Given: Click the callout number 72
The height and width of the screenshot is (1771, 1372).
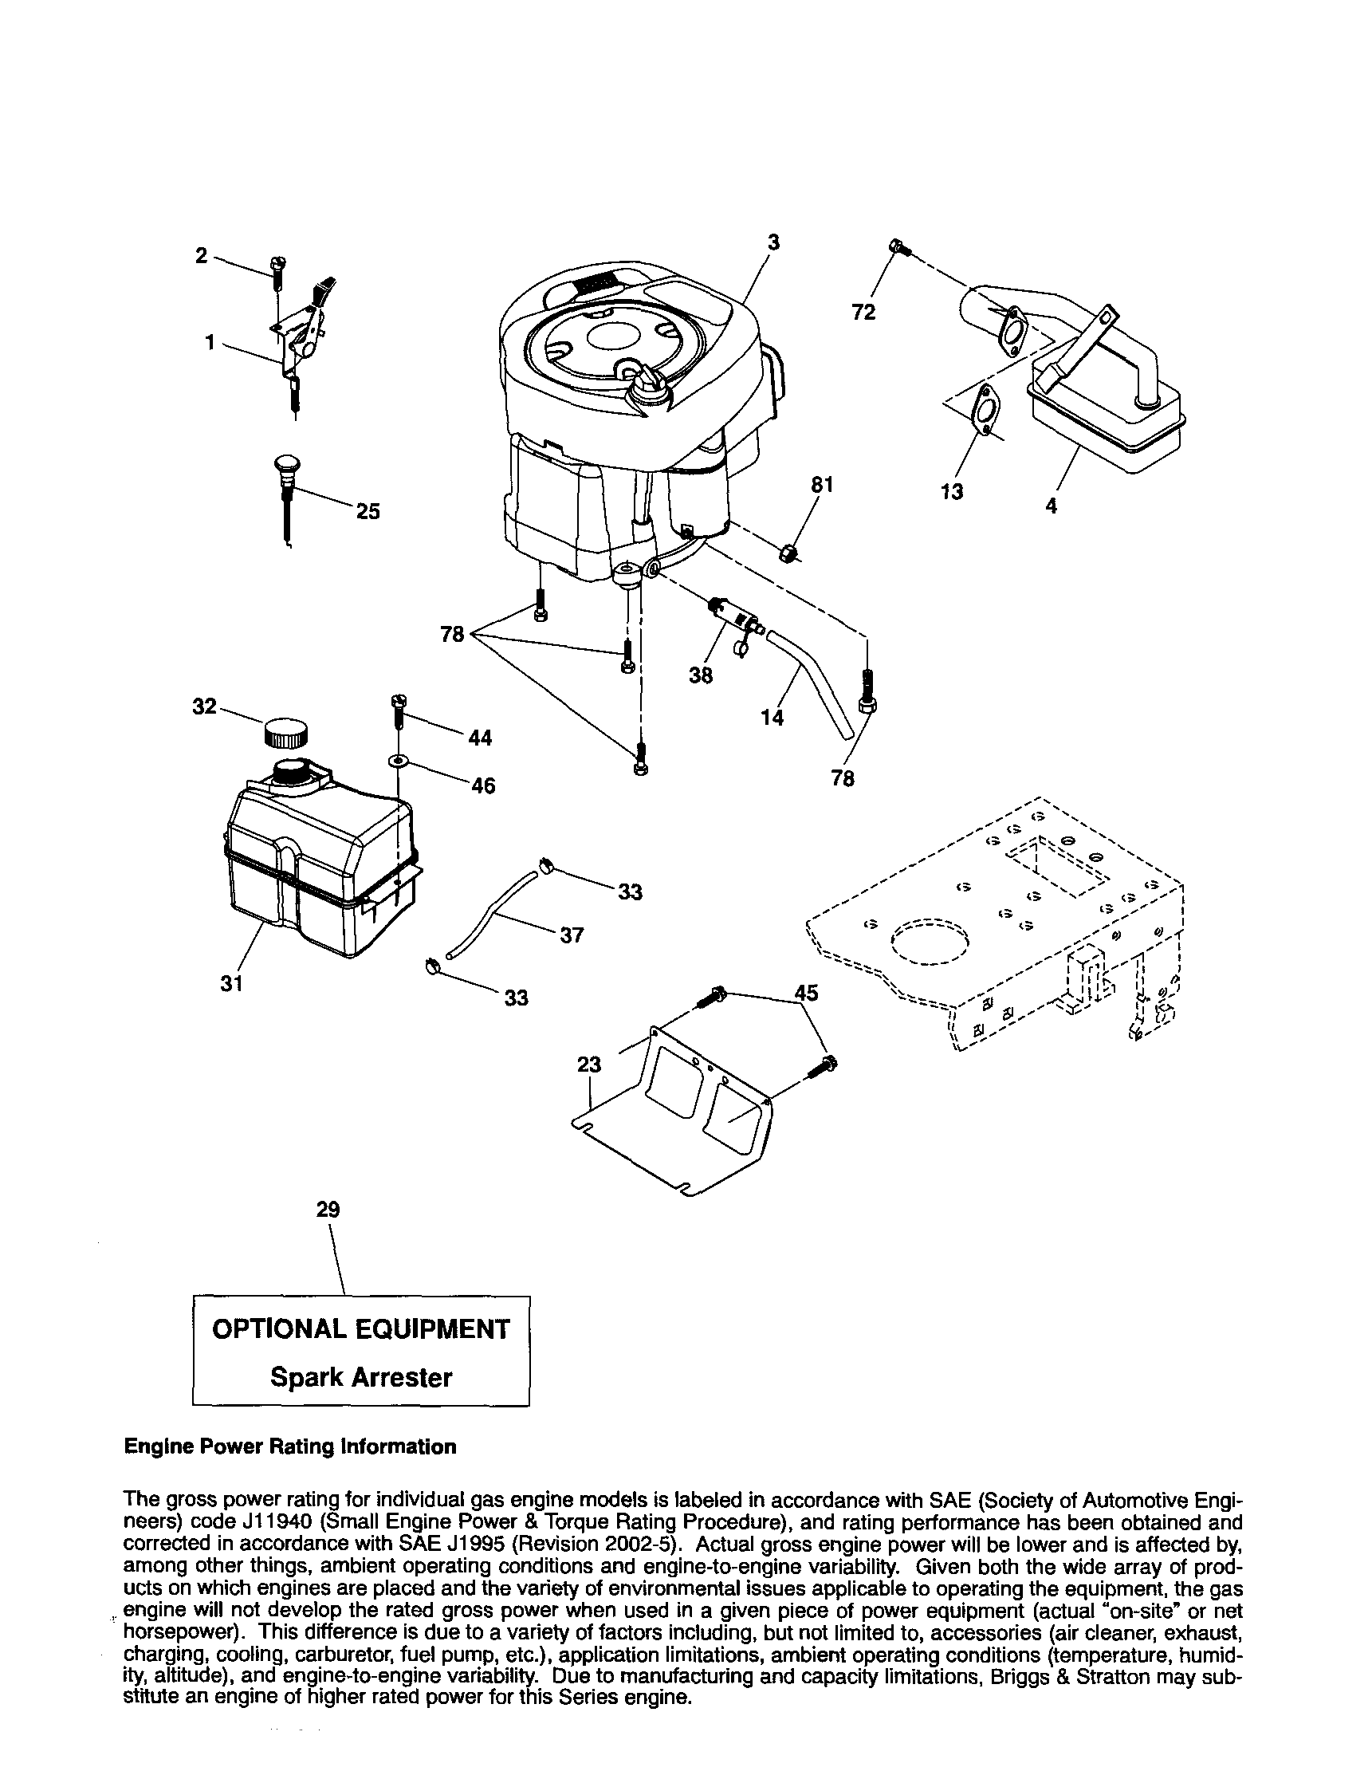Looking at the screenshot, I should (x=863, y=313).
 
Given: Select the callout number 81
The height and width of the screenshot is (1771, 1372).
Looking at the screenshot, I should (x=822, y=484).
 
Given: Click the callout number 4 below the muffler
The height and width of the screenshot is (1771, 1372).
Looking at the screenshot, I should (x=1051, y=506).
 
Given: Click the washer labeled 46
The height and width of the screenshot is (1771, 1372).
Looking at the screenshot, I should (x=398, y=761).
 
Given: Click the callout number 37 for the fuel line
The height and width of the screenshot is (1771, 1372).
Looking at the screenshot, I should (x=572, y=935).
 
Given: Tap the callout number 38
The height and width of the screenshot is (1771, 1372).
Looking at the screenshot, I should (x=701, y=675).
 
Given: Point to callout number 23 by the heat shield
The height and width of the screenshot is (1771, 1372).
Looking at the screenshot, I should (x=589, y=1065).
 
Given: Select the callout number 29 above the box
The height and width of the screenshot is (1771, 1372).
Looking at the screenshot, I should (x=328, y=1210).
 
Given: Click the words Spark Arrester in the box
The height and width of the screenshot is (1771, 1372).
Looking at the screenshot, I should (x=360, y=1377).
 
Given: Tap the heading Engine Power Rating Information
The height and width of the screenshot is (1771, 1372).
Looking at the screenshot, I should (x=289, y=1446).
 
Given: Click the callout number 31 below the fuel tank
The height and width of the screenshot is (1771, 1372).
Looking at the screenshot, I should (x=232, y=983).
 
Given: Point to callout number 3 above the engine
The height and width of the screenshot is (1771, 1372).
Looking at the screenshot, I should (x=773, y=242).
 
